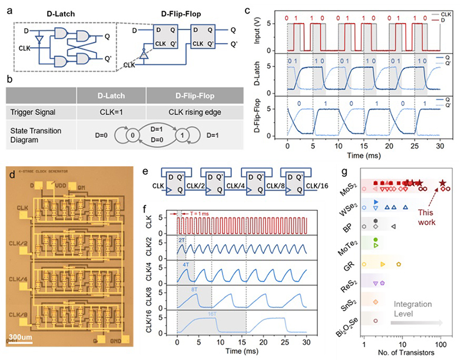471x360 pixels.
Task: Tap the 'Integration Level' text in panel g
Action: (x=420, y=311)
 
